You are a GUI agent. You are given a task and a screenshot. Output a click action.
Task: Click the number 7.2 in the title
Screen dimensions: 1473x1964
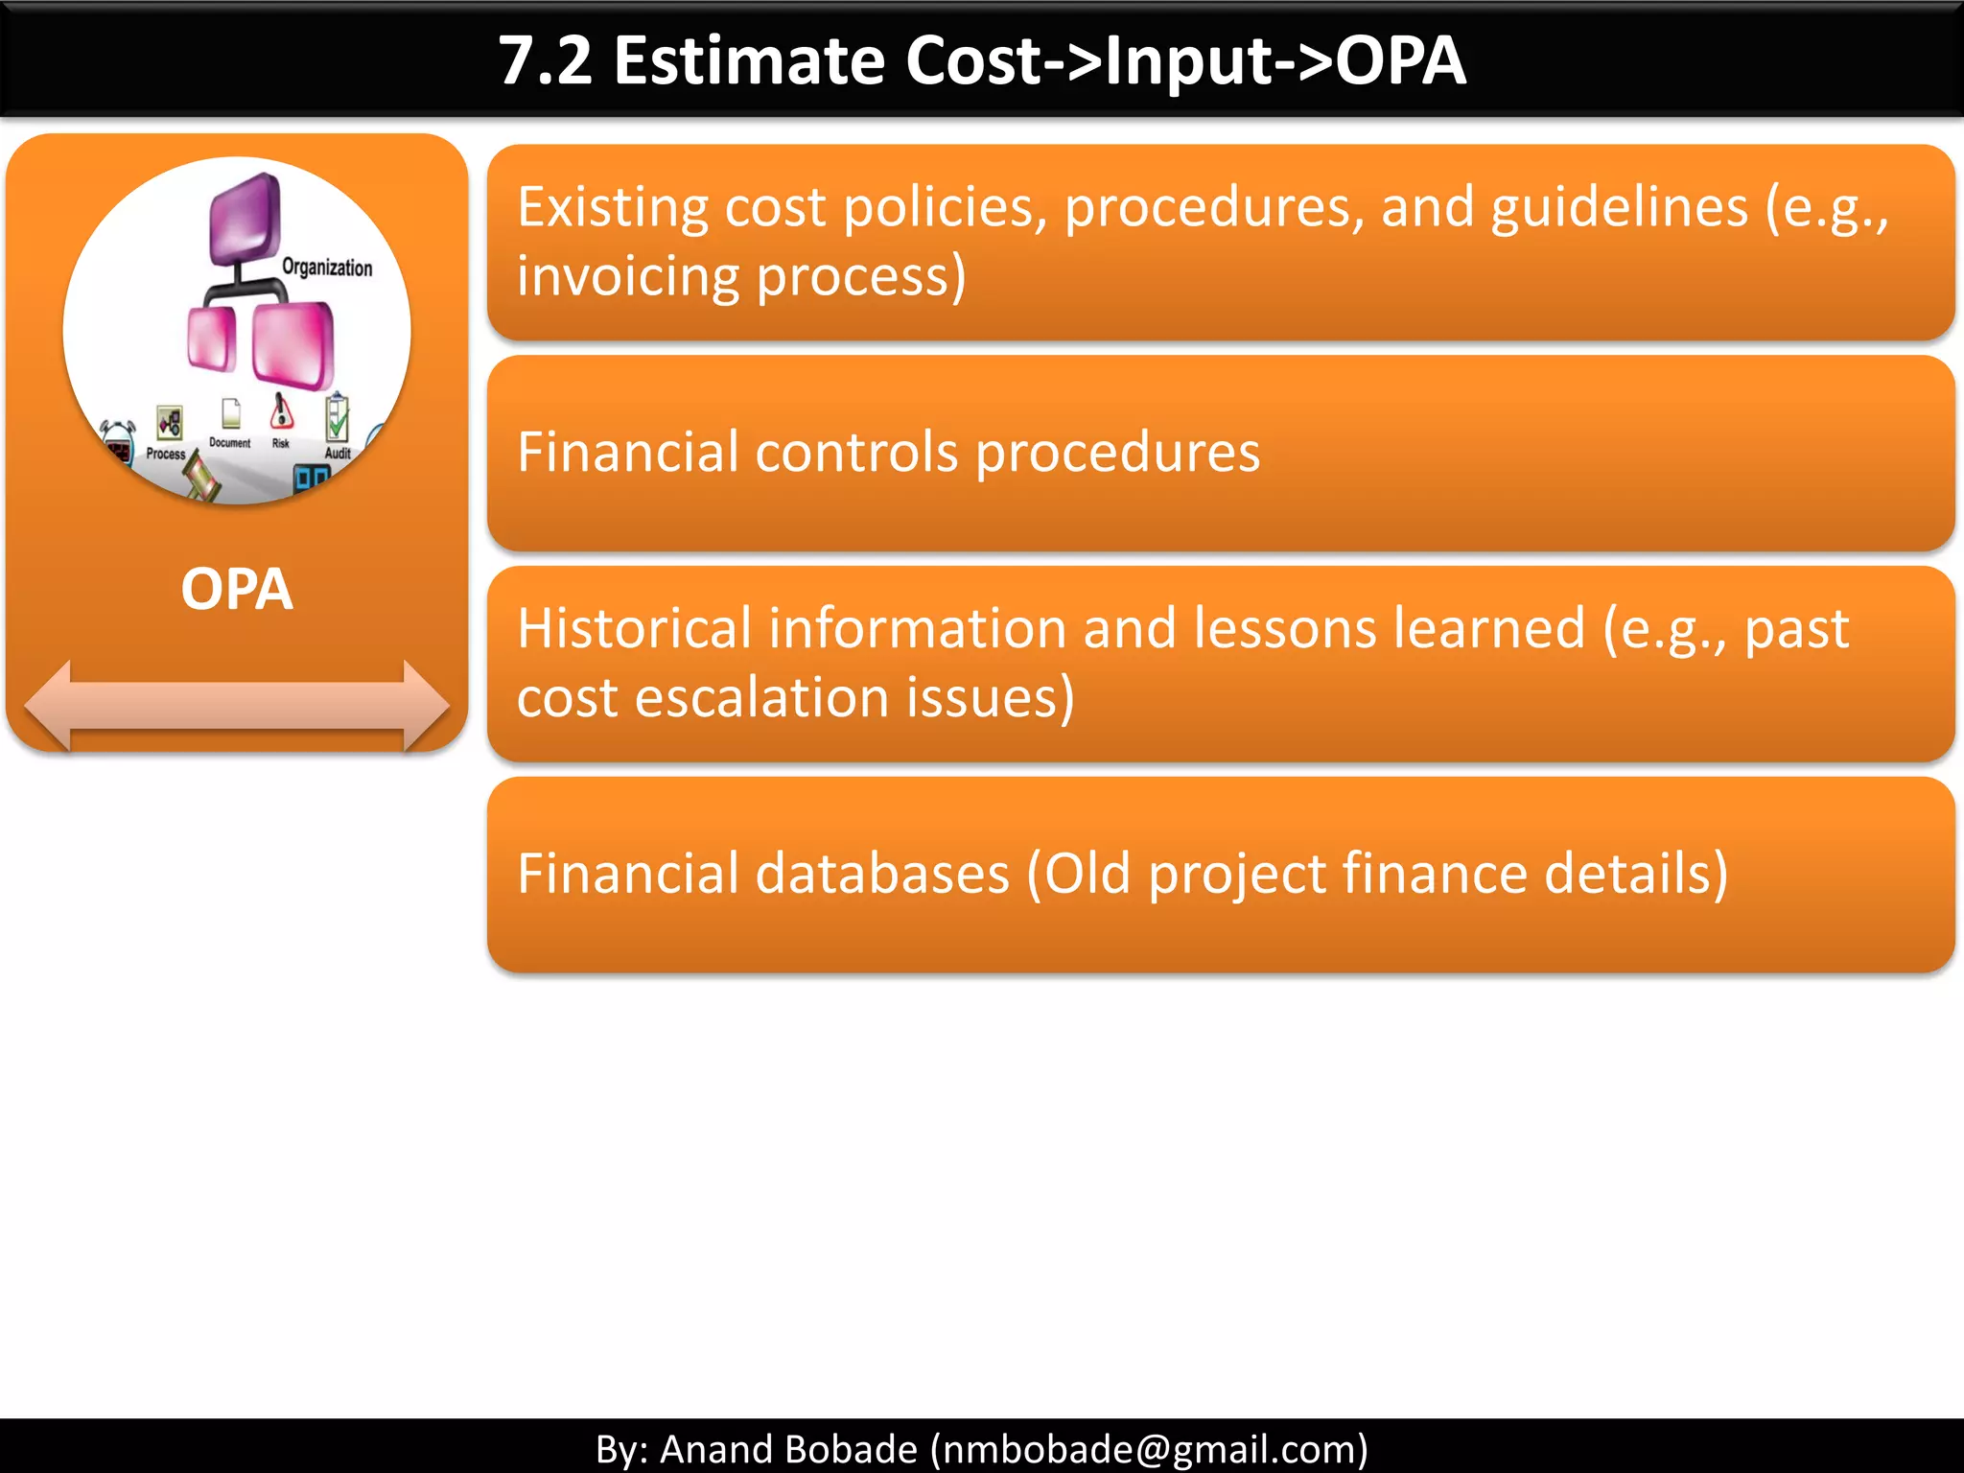tap(545, 61)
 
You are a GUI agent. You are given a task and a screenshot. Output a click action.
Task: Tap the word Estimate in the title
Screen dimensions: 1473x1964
tap(748, 61)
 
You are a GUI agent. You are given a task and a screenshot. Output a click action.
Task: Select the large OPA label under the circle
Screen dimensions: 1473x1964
tap(236, 589)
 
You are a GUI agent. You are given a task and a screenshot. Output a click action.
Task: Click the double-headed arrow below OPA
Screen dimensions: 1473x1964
tap(236, 706)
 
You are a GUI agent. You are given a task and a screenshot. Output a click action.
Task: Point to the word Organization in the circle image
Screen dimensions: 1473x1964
tap(327, 268)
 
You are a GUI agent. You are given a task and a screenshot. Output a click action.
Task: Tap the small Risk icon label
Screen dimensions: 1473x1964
tap(280, 444)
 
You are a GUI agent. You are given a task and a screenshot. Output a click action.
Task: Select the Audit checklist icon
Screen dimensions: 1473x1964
tap(337, 418)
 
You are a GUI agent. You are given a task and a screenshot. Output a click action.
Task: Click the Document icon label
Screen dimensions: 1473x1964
tap(229, 443)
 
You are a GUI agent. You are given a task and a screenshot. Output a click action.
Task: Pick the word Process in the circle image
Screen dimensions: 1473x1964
tap(165, 454)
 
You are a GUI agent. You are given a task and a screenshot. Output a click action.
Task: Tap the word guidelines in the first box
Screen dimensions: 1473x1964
tap(1619, 208)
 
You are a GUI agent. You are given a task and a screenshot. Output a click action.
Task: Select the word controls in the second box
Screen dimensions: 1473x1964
tap(855, 453)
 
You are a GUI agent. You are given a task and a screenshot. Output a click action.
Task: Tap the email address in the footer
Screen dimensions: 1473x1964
tap(1149, 1449)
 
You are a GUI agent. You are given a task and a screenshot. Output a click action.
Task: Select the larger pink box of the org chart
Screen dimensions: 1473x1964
tap(293, 343)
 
